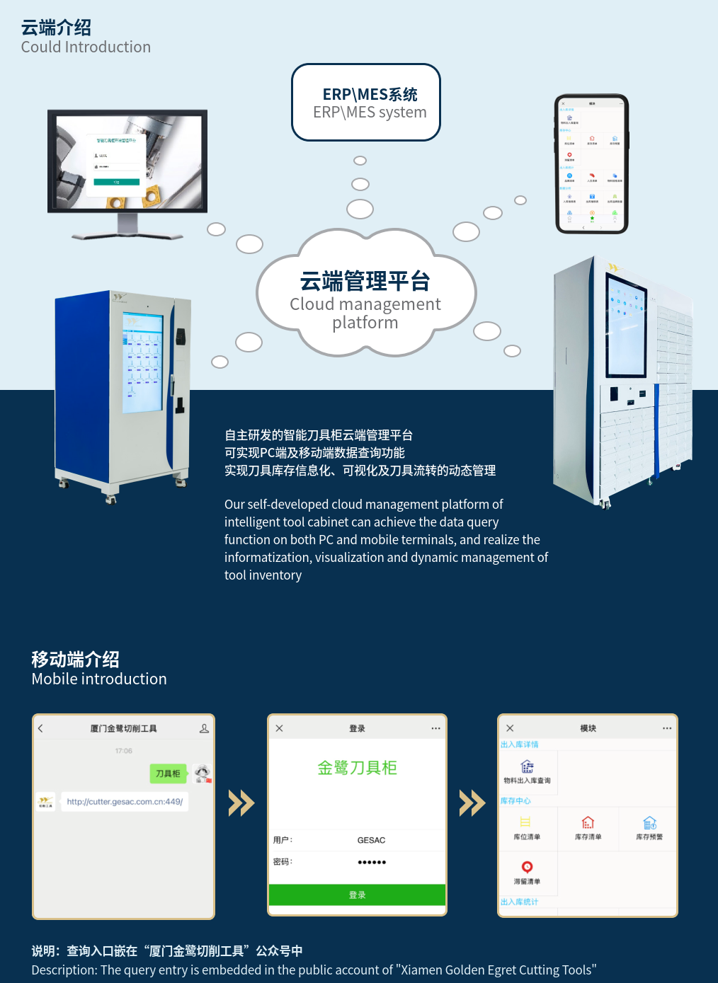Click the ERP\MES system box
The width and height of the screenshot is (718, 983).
366,103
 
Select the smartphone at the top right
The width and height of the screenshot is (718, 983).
591,164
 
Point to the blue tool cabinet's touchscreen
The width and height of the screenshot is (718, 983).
143,362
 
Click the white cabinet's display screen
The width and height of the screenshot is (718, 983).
626,326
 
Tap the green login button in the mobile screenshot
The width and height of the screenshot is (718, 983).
357,895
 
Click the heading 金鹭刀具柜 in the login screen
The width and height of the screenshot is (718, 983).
357,768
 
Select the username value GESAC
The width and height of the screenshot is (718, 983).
371,840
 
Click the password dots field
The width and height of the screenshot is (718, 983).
372,862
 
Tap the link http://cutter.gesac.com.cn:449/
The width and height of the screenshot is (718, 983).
125,802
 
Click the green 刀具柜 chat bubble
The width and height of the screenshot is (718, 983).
168,774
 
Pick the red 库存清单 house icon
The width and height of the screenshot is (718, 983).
588,822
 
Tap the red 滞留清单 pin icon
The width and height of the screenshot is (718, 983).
527,867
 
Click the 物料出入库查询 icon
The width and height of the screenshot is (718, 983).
527,766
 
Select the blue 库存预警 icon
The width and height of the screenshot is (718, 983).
649,822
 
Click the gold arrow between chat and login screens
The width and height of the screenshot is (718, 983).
241,803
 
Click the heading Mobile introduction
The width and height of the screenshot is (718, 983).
99,679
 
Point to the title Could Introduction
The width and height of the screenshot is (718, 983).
86,47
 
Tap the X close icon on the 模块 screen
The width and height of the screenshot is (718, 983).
510,728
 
